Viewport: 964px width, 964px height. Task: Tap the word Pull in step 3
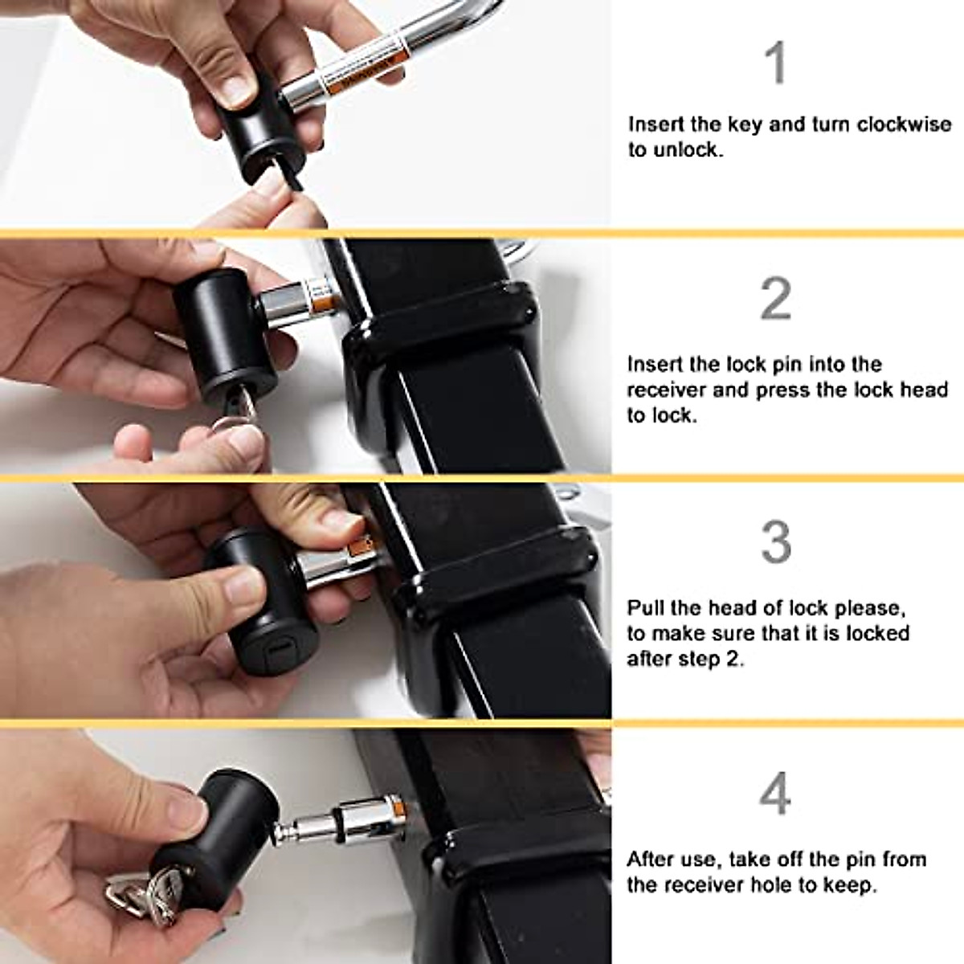pos(644,607)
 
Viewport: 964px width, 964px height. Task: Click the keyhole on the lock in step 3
pos(276,647)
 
